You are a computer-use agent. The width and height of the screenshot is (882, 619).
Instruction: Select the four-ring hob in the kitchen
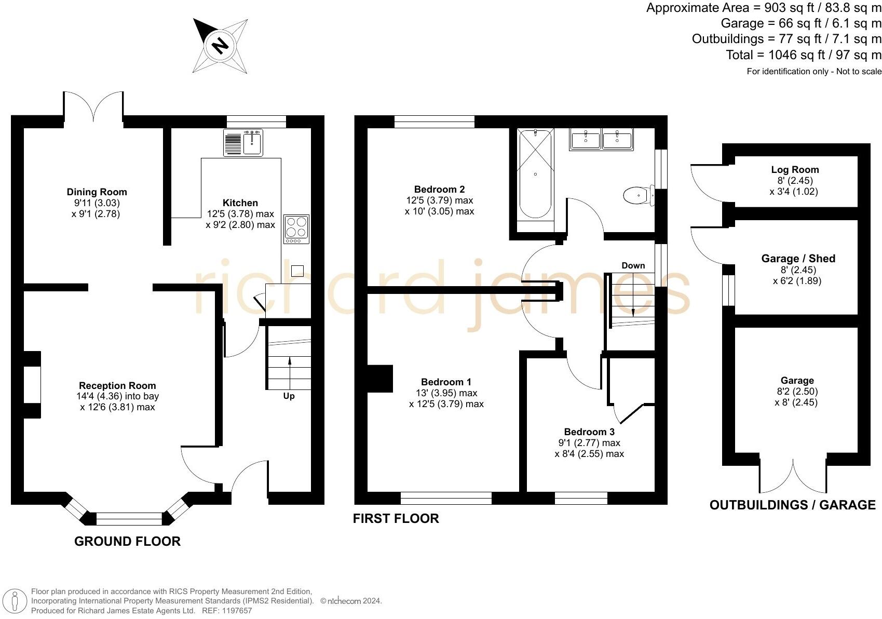[x=296, y=228]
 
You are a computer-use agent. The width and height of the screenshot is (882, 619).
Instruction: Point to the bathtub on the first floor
[x=535, y=174]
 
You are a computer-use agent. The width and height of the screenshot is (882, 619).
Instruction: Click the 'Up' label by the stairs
[x=289, y=396]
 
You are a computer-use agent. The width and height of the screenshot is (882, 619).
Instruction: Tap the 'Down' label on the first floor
[x=633, y=265]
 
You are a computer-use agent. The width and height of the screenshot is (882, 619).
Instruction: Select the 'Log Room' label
[x=795, y=170]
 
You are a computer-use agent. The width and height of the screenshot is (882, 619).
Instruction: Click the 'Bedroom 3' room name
[x=589, y=432]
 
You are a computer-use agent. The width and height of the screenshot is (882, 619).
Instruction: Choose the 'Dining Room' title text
[x=97, y=192]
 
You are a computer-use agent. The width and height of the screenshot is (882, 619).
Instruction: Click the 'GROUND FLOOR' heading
[x=127, y=541]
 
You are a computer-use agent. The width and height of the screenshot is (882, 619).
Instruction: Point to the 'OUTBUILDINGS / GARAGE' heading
[x=792, y=505]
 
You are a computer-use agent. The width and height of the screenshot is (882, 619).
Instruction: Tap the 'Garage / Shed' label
[x=798, y=259]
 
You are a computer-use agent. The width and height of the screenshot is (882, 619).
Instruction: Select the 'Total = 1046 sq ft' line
[x=803, y=55]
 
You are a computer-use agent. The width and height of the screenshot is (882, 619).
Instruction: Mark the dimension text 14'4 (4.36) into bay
[x=117, y=396]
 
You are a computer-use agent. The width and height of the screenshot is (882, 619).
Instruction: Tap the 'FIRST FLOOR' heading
[x=396, y=518]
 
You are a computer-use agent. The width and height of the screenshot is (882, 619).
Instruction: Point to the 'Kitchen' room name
[x=240, y=203]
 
